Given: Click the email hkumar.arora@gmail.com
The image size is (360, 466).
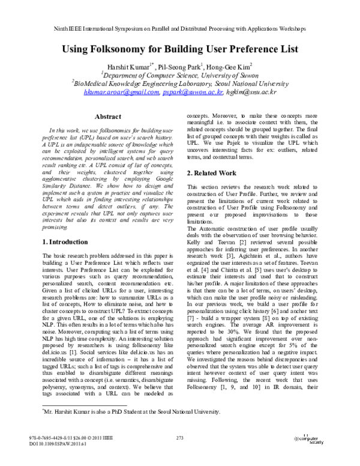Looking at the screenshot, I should pyautogui.click(x=122, y=92).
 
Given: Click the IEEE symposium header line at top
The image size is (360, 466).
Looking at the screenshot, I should pyautogui.click(x=179, y=28).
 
